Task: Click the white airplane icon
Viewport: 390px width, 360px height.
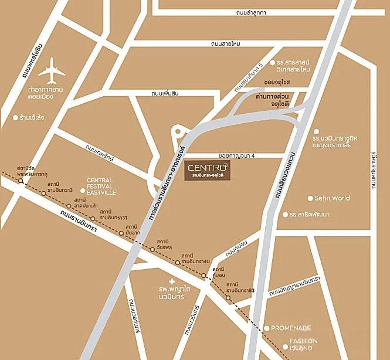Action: [52, 70]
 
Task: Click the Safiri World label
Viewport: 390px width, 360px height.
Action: [332, 198]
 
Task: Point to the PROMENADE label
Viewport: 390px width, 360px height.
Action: [291, 328]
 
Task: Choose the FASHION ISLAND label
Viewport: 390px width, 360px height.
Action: [303, 344]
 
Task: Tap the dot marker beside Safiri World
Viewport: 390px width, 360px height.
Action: [311, 198]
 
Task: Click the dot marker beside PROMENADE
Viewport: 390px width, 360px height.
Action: [266, 328]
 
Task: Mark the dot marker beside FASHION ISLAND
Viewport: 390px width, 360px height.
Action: [285, 347]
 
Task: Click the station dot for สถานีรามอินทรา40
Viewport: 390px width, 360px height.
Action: [177, 262]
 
